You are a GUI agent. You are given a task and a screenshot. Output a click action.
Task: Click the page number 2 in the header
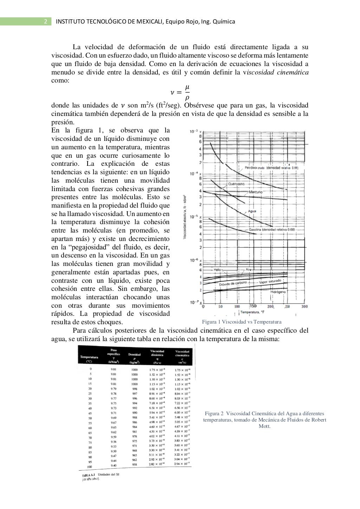click(46, 22)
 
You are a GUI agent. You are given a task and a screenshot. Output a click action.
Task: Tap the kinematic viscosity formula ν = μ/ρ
click(180, 92)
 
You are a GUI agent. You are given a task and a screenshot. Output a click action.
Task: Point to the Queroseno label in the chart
click(236, 184)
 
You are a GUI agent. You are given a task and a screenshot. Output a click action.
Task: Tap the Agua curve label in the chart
click(252, 211)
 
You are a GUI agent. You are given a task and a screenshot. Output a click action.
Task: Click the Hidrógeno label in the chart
click(278, 292)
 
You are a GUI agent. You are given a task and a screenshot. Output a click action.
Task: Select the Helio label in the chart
click(218, 269)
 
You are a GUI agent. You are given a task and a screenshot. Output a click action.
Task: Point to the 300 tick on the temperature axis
click(304, 306)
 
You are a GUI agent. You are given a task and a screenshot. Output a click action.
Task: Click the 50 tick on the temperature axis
click(220, 306)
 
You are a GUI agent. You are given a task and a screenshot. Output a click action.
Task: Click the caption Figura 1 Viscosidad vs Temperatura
click(242, 322)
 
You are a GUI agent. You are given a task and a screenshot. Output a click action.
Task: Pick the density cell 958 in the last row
click(134, 464)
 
